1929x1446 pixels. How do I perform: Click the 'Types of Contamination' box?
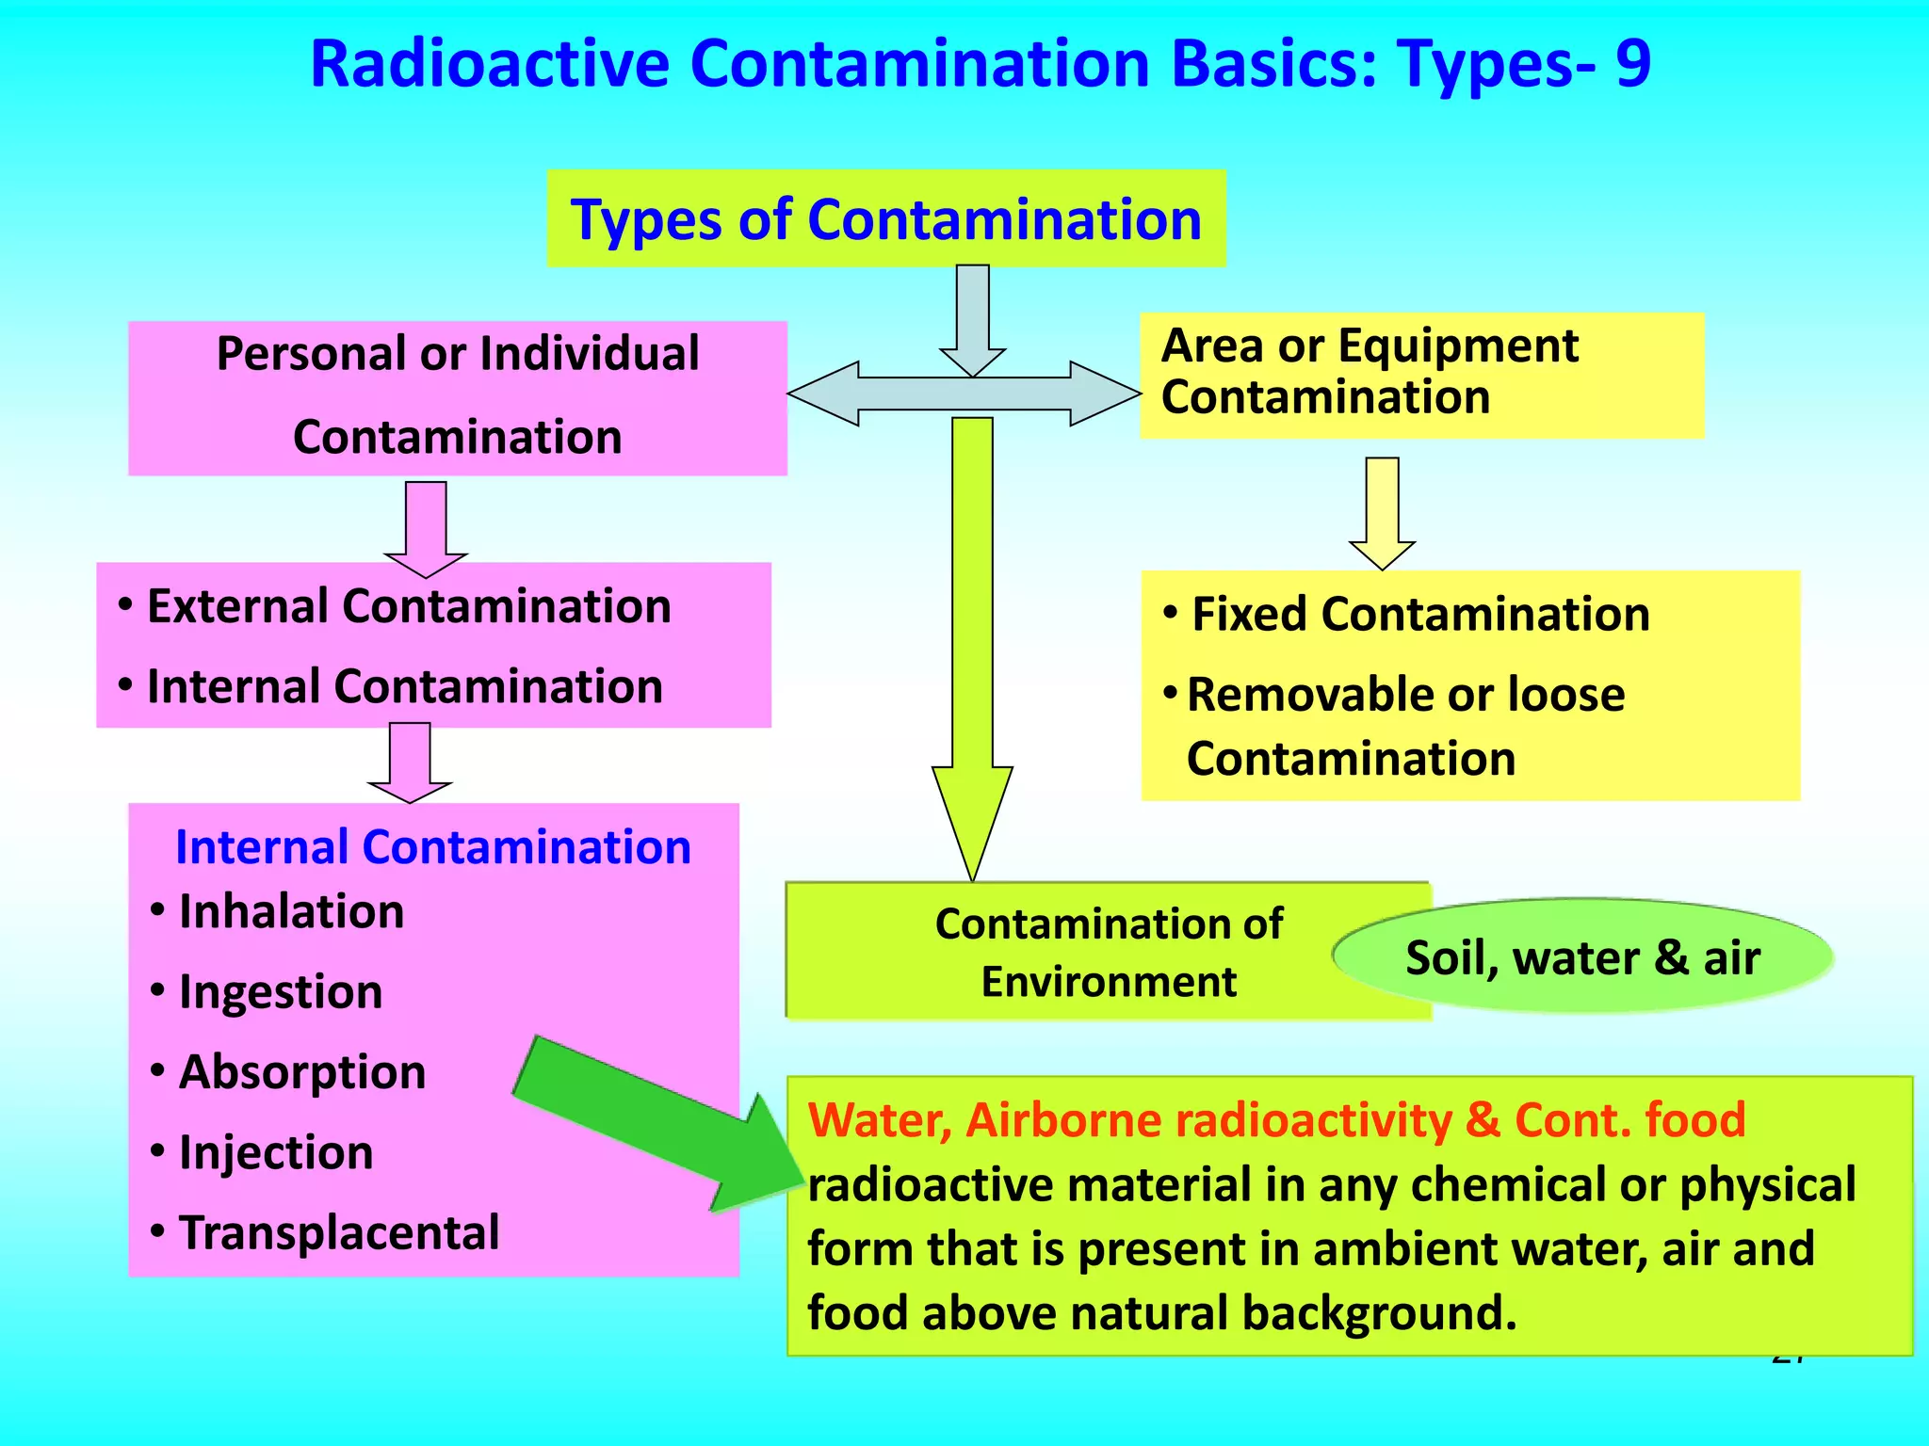pyautogui.click(x=886, y=219)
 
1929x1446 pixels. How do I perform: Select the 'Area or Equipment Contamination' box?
pyautogui.click(x=1420, y=375)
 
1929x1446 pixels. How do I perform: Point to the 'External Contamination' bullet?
pyautogui.click(x=409, y=606)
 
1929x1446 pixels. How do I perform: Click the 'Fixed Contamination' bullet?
pyautogui.click(x=1420, y=615)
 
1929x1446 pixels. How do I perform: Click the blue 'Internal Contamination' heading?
pyautogui.click(x=433, y=847)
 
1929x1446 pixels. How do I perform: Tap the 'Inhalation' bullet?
pyautogui.click(x=291, y=912)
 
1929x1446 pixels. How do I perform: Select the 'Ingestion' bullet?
pyautogui.click(x=281, y=992)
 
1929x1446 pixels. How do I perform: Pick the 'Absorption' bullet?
pyautogui.click(x=302, y=1072)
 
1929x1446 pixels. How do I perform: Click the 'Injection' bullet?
pyautogui.click(x=276, y=1153)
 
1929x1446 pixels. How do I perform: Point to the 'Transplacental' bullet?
pyautogui.click(x=339, y=1233)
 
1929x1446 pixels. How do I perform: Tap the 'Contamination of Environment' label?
pyautogui.click(x=1108, y=953)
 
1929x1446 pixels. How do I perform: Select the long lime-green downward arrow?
pyautogui.click(x=972, y=640)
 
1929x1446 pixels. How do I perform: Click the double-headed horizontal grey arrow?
pyautogui.click(x=963, y=394)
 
